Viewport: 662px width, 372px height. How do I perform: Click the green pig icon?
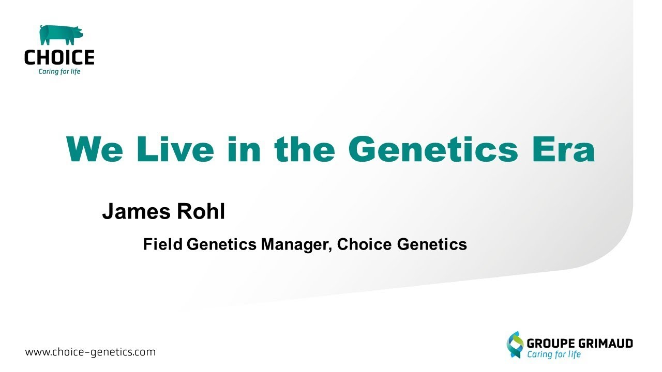point(61,35)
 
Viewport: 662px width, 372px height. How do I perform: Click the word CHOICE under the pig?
point(59,57)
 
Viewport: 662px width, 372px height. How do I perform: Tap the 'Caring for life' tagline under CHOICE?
point(59,71)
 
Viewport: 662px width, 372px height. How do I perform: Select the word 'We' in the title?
point(94,149)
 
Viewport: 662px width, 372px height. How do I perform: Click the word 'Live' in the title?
point(175,149)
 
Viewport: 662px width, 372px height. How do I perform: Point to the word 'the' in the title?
point(305,149)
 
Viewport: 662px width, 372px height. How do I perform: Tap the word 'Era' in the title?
point(563,149)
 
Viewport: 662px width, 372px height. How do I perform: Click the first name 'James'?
point(136,211)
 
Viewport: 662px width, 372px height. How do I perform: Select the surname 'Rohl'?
point(201,211)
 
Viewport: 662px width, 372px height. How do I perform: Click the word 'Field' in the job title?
point(163,244)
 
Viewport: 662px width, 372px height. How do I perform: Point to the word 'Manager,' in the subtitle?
point(296,245)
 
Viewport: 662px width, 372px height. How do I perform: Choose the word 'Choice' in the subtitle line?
point(365,244)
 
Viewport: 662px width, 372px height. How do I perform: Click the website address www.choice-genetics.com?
point(90,352)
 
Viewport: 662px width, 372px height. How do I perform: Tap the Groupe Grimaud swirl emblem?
point(515,345)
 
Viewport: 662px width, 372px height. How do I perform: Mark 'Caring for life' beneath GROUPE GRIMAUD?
point(554,354)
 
